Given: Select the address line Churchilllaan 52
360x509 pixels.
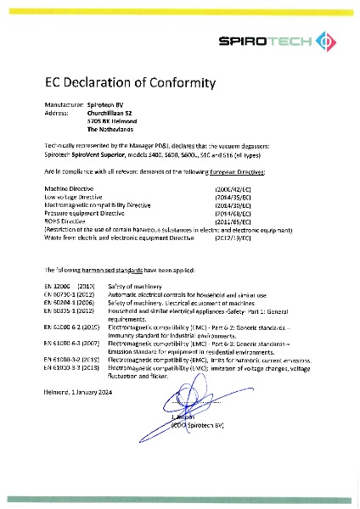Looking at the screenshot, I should coord(110,112).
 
